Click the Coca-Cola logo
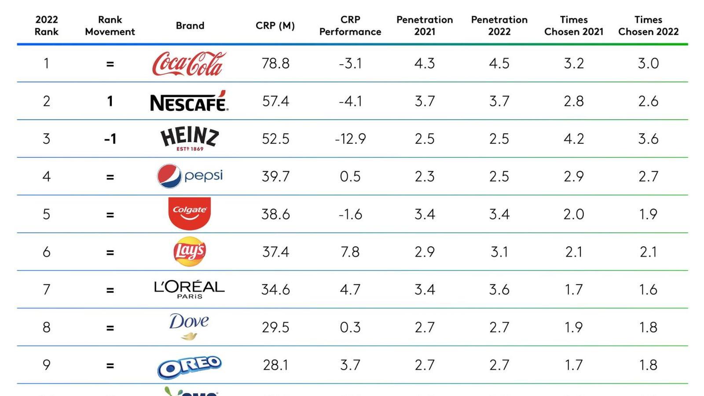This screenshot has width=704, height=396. pos(189,64)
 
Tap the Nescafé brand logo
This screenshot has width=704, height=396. pos(189,102)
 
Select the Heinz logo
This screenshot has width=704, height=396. pos(189,138)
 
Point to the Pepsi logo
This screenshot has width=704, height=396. pos(190,176)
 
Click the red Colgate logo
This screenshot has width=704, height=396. pos(190,213)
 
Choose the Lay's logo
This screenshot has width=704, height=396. pos(190,252)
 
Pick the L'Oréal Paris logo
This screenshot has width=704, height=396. pos(189,289)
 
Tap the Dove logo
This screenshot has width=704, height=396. pos(189,326)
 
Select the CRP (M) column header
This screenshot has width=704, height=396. pos(275,26)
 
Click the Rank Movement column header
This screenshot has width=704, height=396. pos(110,26)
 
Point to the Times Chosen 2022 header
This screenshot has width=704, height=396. pos(648,26)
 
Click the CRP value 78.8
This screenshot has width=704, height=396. pos(275,63)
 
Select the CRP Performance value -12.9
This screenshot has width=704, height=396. pos(350,139)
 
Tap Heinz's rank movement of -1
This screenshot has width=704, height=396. pos(110,139)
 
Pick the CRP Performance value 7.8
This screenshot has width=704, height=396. pos(350,252)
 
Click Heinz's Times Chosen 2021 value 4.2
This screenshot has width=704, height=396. pos(574,139)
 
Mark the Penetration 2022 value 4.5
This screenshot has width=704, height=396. pos(499,63)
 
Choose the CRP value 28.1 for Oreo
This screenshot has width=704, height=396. pos(275,365)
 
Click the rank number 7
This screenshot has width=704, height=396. pos(46,290)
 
